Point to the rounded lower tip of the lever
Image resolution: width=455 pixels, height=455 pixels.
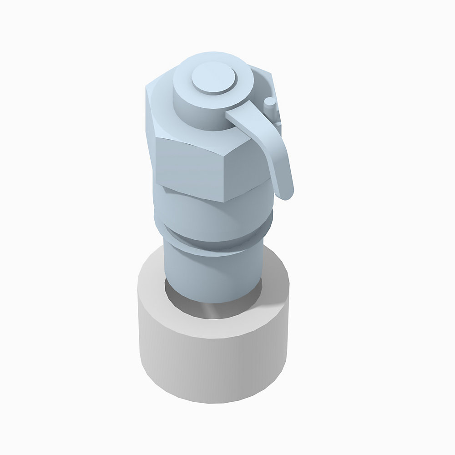(286, 193)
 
